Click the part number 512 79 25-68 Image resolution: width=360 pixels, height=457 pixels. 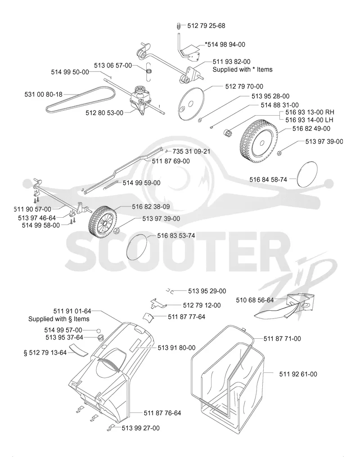tap(206, 26)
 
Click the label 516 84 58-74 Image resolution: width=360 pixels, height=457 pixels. tap(268, 179)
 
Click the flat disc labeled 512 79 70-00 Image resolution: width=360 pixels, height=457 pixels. tap(191, 103)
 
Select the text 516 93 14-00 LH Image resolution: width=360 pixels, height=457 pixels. tap(309, 120)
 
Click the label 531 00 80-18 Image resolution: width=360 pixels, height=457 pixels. tap(44, 94)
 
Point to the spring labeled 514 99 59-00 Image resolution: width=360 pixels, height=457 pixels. tap(111, 185)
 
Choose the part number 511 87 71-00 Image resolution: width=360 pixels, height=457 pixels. tap(282, 339)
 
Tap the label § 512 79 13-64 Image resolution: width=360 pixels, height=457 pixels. tap(45, 353)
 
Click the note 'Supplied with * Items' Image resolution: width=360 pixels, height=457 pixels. tap(243, 69)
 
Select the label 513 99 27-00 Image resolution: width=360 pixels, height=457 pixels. tap(140, 428)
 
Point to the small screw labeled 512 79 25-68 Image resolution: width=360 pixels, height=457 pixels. tap(178, 26)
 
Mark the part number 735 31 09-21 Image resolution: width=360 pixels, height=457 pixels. tap(191, 152)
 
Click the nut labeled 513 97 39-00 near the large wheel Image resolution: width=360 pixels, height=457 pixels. tap(279, 152)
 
